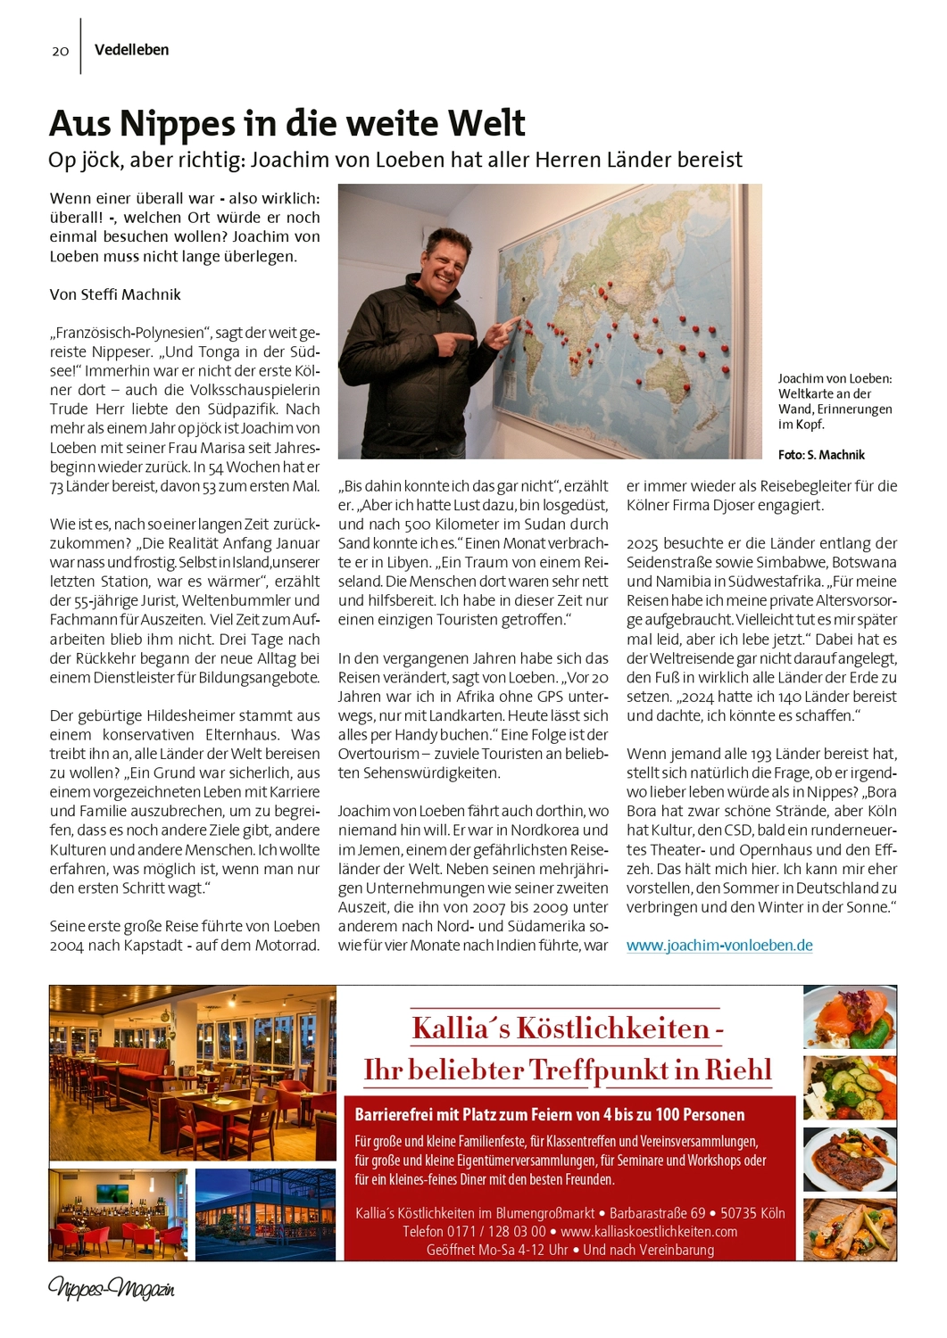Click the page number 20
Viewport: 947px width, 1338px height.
click(60, 51)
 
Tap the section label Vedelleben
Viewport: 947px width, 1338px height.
click(131, 50)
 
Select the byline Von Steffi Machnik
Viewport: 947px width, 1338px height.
click(115, 294)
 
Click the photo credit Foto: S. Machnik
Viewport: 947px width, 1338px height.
click(821, 455)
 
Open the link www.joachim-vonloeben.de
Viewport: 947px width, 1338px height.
click(719, 946)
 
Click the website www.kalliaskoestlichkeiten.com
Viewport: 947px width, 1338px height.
click(649, 1232)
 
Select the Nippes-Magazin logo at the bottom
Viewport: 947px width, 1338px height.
click(111, 1289)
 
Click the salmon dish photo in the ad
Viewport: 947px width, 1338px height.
click(849, 1018)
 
